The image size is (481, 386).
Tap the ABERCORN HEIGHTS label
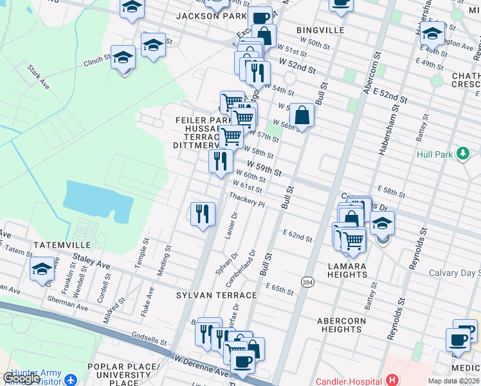(x=341, y=325)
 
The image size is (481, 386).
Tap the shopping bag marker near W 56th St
(x=302, y=116)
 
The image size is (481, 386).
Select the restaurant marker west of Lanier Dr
(x=203, y=213)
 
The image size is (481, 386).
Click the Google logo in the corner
(x=21, y=378)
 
